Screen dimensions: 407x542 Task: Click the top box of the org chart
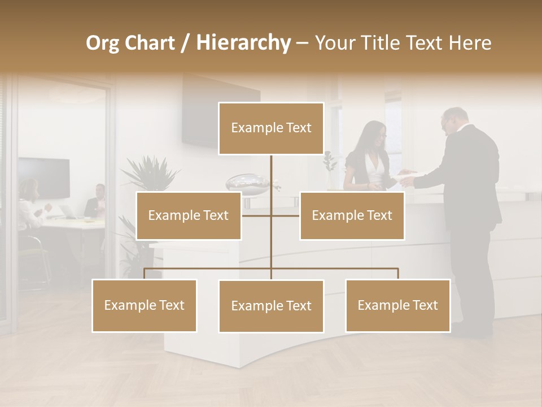271,128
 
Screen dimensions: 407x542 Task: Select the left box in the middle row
189,215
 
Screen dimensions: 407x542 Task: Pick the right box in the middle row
352,215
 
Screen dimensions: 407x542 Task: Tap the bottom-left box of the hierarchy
145,305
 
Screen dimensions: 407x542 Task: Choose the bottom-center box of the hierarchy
271,306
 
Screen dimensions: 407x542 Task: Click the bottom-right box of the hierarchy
397,305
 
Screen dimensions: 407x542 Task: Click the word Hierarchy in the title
243,42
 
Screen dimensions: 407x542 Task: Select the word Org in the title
103,42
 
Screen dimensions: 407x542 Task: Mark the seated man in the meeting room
96,202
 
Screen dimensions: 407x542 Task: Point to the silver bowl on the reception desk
248,182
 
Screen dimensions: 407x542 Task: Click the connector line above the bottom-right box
397,273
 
